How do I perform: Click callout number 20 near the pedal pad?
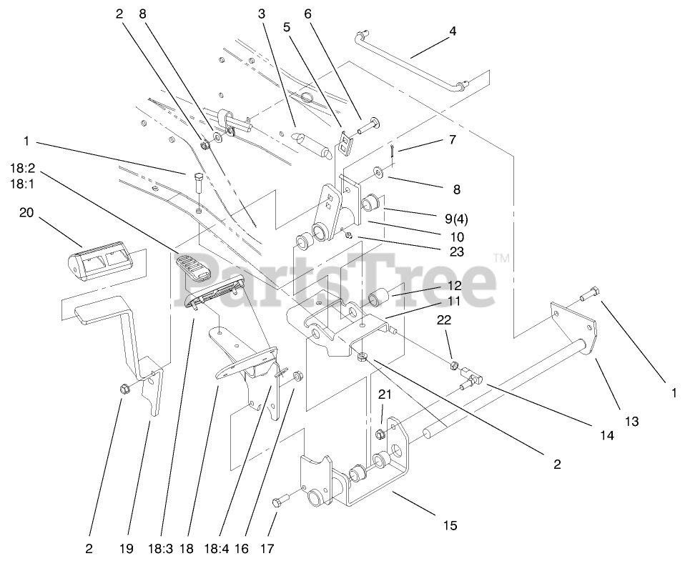tap(26, 214)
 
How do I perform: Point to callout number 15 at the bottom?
tap(449, 526)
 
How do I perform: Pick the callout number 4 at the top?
tap(452, 31)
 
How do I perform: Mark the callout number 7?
tap(452, 140)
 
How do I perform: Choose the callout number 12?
tap(454, 285)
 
